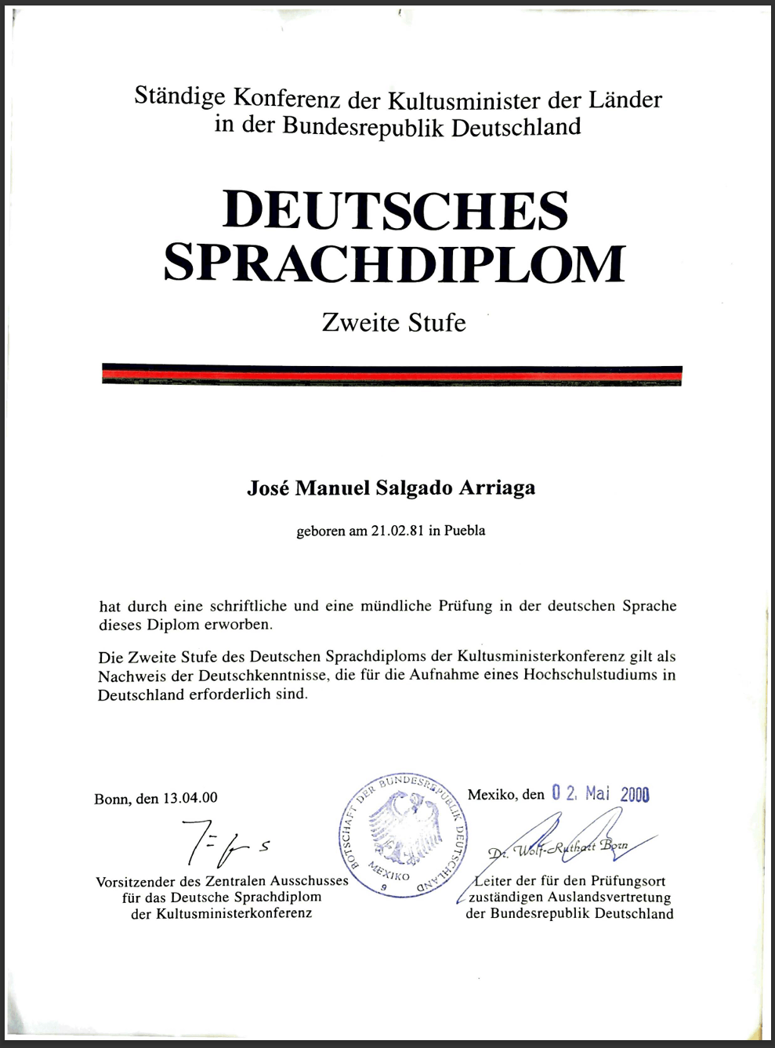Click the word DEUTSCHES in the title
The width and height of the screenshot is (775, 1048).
[x=395, y=210]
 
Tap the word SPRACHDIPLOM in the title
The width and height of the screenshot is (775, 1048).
[x=395, y=263]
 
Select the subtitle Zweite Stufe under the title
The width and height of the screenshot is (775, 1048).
[x=393, y=323]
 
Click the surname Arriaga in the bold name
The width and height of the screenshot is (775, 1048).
[x=497, y=488]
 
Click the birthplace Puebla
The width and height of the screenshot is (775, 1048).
[x=465, y=531]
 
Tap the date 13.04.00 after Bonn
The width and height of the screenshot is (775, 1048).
[x=190, y=798]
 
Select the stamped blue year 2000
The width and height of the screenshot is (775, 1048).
[x=635, y=794]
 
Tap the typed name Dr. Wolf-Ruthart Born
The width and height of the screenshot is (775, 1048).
[x=558, y=849]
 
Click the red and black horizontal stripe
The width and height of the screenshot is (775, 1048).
[x=392, y=375]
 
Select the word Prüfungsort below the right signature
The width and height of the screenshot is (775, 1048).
[x=628, y=881]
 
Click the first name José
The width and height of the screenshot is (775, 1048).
[x=268, y=488]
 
